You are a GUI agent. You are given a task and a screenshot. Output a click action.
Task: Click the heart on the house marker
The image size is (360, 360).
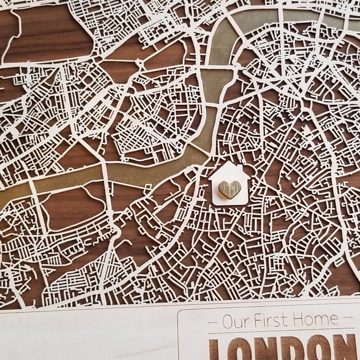(x=229, y=189)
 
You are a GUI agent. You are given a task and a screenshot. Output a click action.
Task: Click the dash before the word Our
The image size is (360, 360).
(x=213, y=322)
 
